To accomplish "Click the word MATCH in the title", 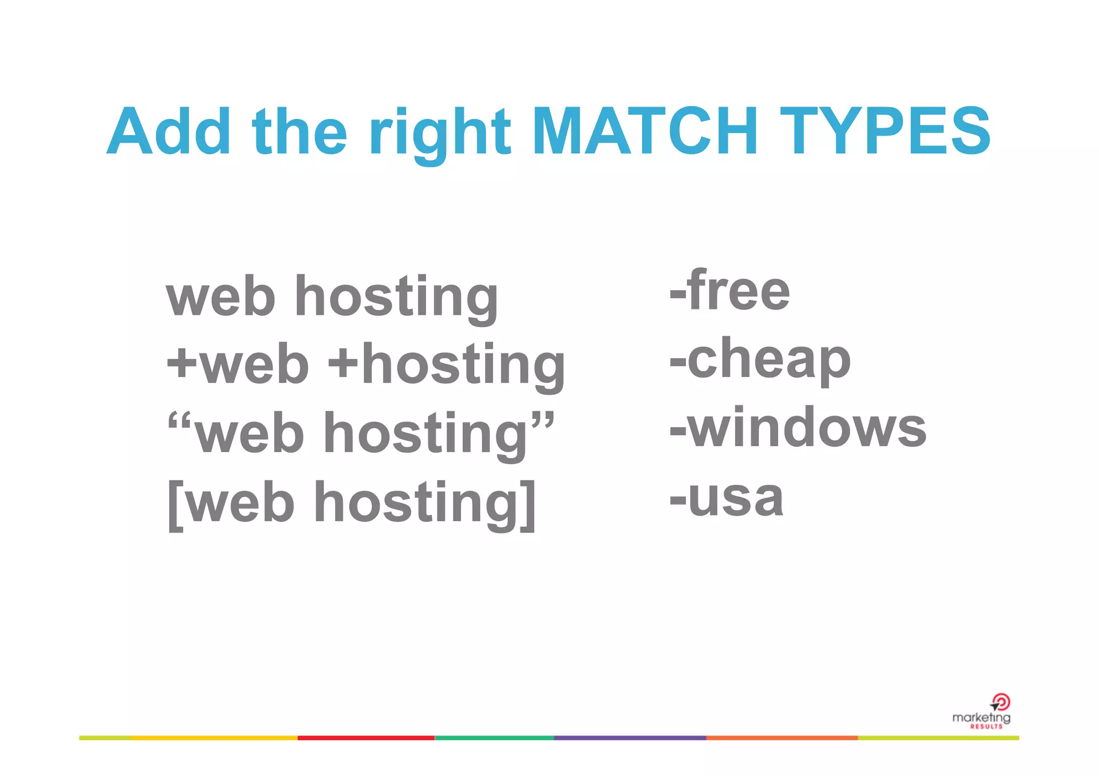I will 644,132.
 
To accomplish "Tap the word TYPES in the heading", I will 885,132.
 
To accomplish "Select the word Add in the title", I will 168,132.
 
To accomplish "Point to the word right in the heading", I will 440,134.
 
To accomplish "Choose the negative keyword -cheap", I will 760,359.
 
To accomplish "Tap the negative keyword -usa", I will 727,498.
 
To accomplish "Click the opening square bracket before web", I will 175,505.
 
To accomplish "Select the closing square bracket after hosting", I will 529,505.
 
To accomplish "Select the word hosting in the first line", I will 396,298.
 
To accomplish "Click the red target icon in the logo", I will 1001,701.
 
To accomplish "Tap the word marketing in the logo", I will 981,718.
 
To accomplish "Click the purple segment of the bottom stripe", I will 629,738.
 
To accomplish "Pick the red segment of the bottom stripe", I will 366,738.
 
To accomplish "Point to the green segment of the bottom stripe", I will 494,738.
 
